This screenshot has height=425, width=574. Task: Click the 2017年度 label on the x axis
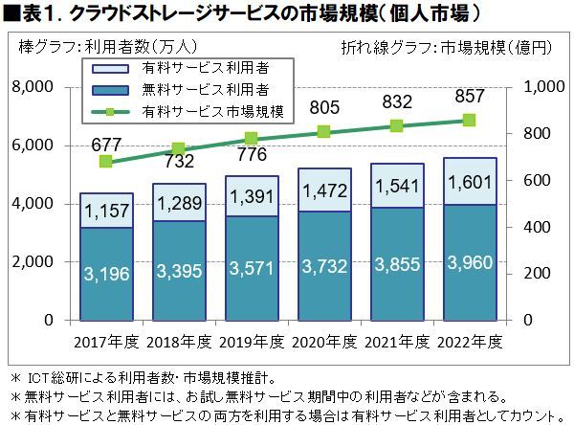click(x=106, y=340)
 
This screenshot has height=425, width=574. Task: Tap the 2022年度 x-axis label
click(x=469, y=340)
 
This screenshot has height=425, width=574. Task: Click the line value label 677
click(x=106, y=145)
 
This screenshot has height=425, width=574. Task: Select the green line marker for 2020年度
click(x=323, y=132)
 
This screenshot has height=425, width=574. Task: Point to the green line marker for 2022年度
click(x=469, y=121)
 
